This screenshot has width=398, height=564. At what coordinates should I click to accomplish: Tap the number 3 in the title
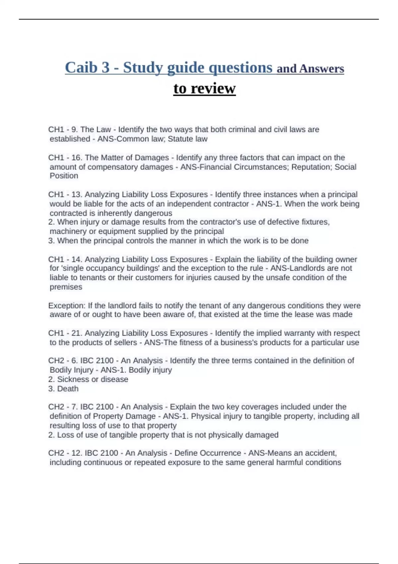105,68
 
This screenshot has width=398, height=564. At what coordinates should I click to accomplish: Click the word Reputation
310,167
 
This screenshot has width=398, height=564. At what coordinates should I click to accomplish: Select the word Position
64,176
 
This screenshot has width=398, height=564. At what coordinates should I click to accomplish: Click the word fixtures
315,222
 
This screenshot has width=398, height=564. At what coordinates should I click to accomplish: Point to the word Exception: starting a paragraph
67,306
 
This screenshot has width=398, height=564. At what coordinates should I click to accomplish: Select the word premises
66,287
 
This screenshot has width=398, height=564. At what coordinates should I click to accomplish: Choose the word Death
68,388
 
